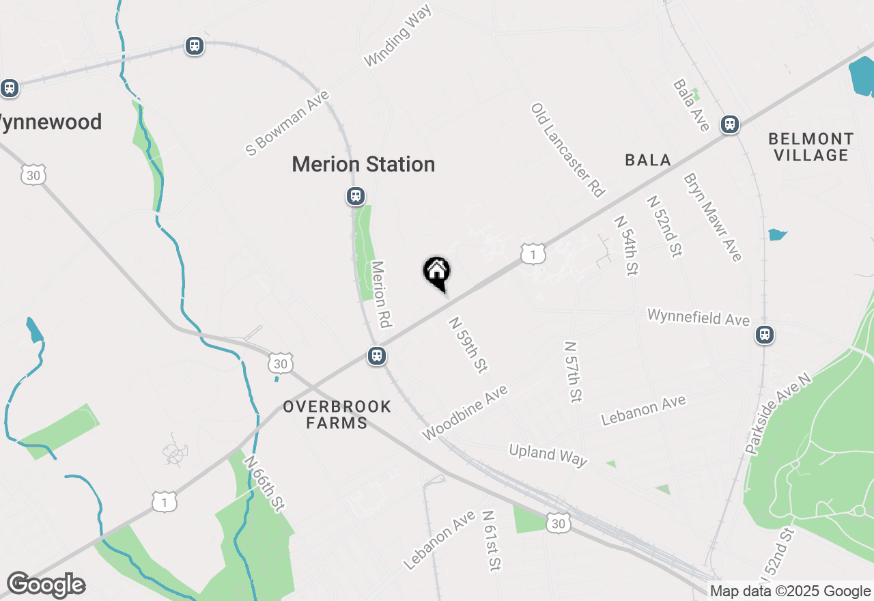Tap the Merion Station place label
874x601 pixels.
click(x=363, y=165)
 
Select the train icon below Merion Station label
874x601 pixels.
click(x=355, y=196)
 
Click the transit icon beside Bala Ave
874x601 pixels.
click(x=730, y=124)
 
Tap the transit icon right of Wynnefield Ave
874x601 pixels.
click(x=765, y=335)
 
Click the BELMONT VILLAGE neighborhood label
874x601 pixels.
click(x=810, y=147)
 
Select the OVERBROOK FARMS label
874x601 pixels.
click(x=337, y=415)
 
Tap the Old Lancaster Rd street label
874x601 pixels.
click(x=568, y=150)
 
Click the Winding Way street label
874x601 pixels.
click(x=398, y=37)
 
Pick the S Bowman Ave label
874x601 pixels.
click(x=287, y=123)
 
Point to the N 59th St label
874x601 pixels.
click(x=467, y=344)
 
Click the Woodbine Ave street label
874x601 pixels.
click(x=465, y=413)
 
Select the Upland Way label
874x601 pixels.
click(x=548, y=455)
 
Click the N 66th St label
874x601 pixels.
click(x=263, y=483)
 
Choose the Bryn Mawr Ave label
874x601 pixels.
click(x=712, y=216)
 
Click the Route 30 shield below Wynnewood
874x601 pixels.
click(x=33, y=175)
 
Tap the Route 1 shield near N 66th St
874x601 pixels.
click(x=165, y=502)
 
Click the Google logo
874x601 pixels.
click(x=46, y=585)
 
